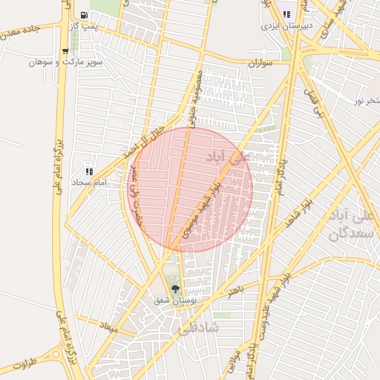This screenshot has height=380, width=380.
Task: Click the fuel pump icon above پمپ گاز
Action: [82, 16]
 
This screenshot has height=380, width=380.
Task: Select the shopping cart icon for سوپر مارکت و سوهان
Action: [66, 51]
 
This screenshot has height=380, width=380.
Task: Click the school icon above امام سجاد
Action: [91, 171]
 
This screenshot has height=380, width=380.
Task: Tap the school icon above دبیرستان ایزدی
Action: [286, 14]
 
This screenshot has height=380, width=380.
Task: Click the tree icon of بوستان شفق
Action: [175, 289]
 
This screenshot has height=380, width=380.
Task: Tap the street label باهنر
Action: [236, 290]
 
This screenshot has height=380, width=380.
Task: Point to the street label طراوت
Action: [23, 365]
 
